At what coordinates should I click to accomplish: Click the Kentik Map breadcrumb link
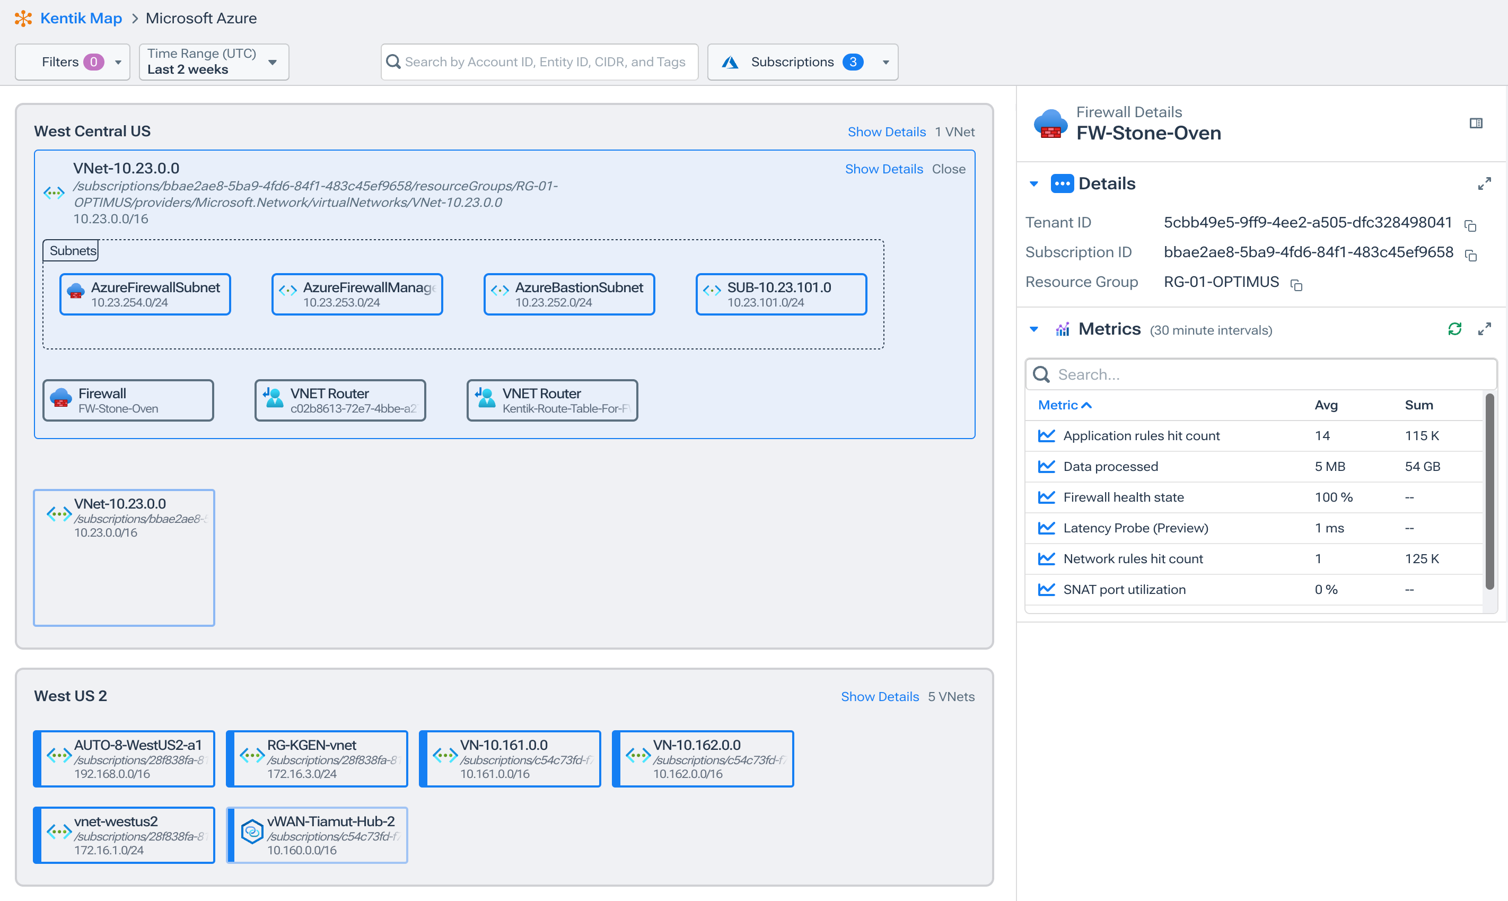pyautogui.click(x=81, y=18)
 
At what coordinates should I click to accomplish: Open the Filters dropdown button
pyautogui.click(x=72, y=62)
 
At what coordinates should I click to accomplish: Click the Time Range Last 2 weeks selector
pyautogui.click(x=213, y=62)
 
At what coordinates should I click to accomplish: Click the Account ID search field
pyautogui.click(x=544, y=62)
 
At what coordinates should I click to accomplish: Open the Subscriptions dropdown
pyautogui.click(x=802, y=62)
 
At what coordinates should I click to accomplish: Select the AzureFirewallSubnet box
pyautogui.click(x=145, y=294)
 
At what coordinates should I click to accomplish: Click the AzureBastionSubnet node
pyautogui.click(x=569, y=294)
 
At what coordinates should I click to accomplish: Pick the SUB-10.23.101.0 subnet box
pyautogui.click(x=781, y=294)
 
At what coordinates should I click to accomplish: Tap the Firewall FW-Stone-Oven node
pyautogui.click(x=128, y=401)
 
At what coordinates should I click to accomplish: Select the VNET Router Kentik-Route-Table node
pyautogui.click(x=552, y=401)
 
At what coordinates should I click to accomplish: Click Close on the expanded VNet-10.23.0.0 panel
pyautogui.click(x=948, y=169)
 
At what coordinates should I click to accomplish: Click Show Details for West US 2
pyautogui.click(x=879, y=697)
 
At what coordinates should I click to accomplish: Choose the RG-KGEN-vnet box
pyautogui.click(x=317, y=759)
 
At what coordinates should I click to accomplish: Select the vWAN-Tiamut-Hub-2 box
pyautogui.click(x=317, y=835)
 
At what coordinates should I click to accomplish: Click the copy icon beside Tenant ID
pyautogui.click(x=1470, y=226)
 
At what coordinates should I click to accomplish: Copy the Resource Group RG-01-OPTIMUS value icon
pyautogui.click(x=1296, y=285)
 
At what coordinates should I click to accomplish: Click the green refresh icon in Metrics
pyautogui.click(x=1454, y=329)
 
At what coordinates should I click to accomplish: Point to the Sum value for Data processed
pyautogui.click(x=1422, y=467)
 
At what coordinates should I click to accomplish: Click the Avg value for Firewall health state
pyautogui.click(x=1333, y=498)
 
